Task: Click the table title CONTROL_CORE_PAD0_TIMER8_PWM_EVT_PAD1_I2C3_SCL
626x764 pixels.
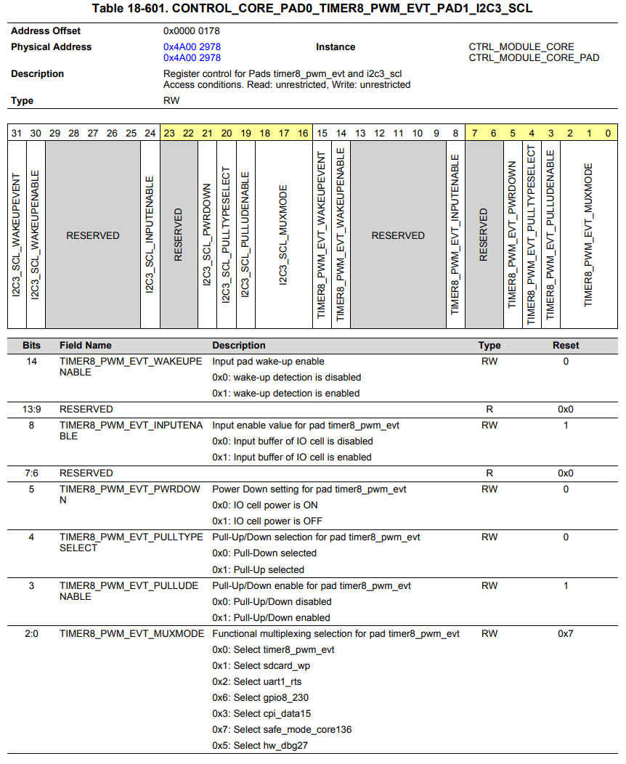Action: [312, 9]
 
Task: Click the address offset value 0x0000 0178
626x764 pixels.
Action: [192, 31]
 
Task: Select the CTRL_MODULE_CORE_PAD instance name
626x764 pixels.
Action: [534, 57]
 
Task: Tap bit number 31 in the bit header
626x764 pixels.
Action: [16, 134]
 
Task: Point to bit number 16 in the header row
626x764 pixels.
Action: [303, 134]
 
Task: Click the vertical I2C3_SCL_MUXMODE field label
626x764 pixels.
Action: [283, 235]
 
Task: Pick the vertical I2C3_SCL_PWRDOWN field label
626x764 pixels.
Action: [207, 235]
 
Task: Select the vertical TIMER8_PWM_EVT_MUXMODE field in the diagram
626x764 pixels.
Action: [588, 235]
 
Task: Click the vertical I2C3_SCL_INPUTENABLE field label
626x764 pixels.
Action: [150, 235]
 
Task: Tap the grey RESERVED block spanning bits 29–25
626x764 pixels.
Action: [93, 235]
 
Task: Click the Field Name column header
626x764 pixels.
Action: [86, 346]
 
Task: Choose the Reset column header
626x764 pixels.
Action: [566, 346]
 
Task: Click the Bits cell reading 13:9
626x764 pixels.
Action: [31, 409]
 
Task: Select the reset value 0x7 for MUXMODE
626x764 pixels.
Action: [566, 634]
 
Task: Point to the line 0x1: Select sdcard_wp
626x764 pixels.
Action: [261, 666]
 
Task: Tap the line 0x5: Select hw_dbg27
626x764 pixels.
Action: [259, 746]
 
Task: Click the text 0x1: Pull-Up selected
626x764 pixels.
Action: [258, 570]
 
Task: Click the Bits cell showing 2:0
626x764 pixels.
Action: [31, 634]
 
